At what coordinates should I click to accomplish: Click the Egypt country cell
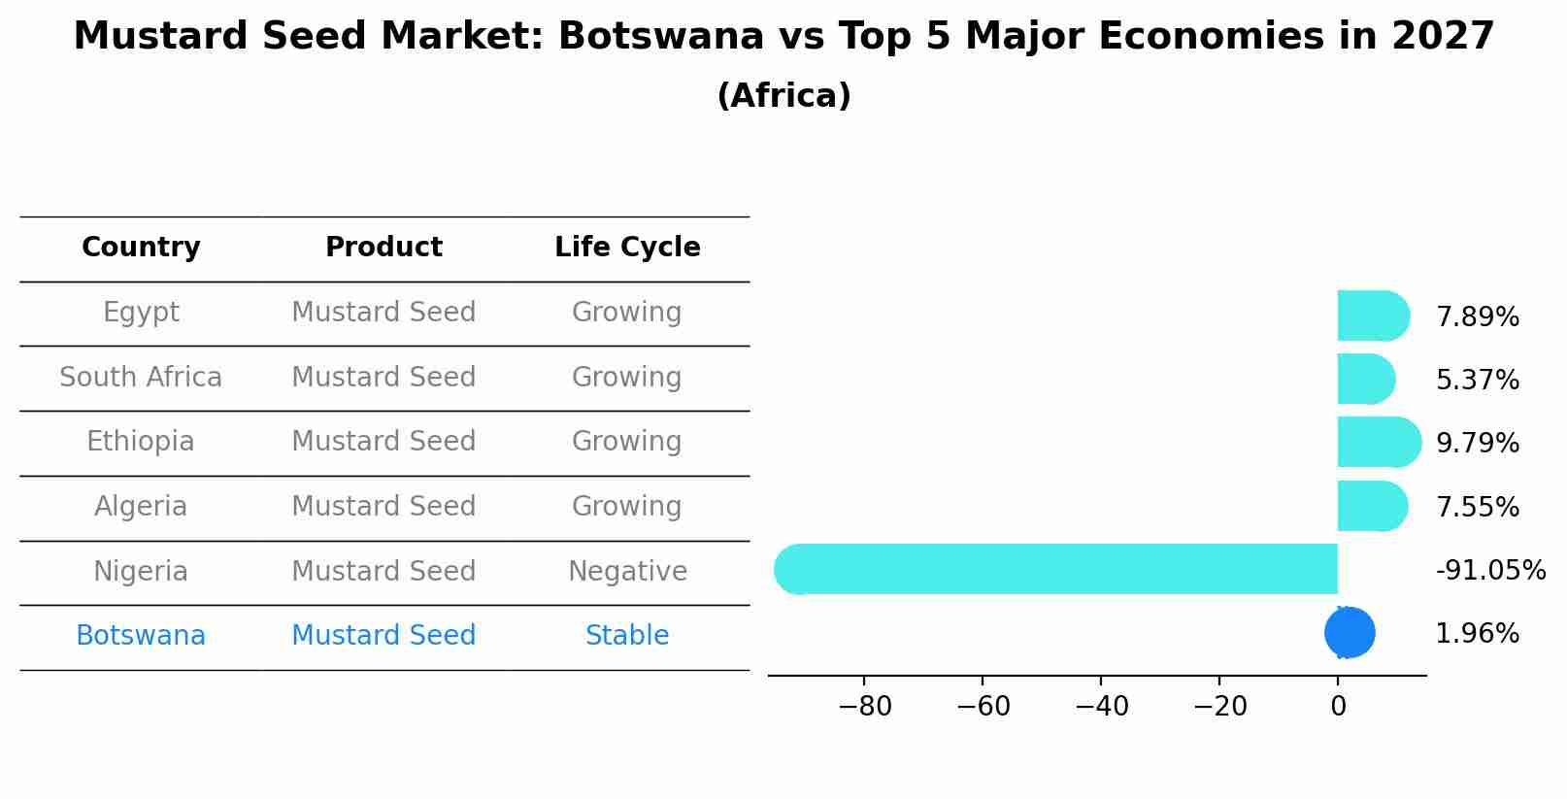pos(141,313)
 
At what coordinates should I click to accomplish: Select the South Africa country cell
pos(141,378)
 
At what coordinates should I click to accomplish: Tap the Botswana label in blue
pos(141,636)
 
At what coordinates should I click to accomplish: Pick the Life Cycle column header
pos(627,248)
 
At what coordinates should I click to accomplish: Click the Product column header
pos(383,248)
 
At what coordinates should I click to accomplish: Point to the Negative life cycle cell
pos(627,572)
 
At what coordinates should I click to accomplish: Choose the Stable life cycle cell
pos(627,636)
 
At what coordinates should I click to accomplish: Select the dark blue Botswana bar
pos(1350,633)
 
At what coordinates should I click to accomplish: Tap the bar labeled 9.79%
pos(1377,443)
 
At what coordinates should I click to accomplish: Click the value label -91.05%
pos(1490,571)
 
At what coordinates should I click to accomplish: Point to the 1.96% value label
pos(1477,634)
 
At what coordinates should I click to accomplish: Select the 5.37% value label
pos(1477,381)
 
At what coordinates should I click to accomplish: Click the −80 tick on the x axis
pos(864,707)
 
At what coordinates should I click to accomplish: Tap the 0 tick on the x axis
pos(1338,707)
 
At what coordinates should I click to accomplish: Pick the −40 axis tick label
pos(1101,707)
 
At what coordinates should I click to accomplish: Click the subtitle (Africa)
pos(783,96)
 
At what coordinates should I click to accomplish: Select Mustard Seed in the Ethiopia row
pos(383,442)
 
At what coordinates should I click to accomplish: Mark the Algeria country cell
pos(141,507)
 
